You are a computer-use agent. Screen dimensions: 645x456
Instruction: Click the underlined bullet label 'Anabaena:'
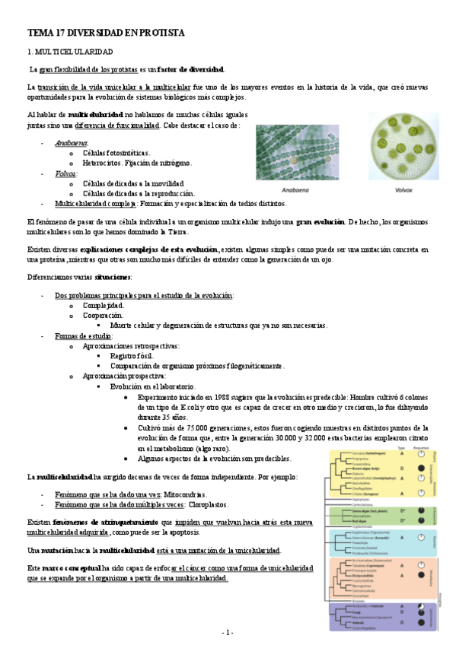point(72,143)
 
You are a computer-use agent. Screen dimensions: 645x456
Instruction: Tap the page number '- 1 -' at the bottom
point(228,632)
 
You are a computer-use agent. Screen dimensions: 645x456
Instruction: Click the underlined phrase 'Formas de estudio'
point(83,335)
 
